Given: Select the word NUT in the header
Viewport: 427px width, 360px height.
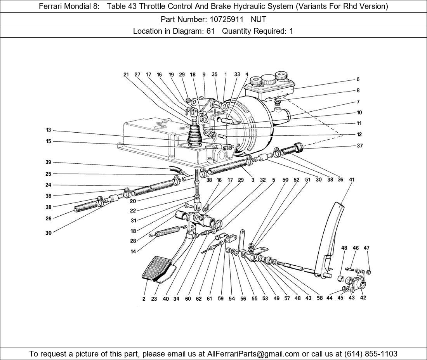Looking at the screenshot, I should (259, 19).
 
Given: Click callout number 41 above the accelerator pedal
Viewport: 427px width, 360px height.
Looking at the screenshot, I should (352, 180).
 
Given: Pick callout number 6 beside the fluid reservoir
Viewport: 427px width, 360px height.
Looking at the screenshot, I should (358, 79).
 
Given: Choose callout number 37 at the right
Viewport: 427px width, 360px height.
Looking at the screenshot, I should (359, 146).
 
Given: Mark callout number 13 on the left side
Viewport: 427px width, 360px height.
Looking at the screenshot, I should (49, 130).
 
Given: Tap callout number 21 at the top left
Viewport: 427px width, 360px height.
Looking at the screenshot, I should (126, 75).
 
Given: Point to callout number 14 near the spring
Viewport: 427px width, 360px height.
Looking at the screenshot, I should (133, 252).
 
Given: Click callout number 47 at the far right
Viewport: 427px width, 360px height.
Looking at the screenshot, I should (367, 248).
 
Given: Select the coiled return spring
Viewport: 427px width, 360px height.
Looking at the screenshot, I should (167, 231).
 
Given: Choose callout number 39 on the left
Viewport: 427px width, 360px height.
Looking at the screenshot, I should (49, 162).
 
